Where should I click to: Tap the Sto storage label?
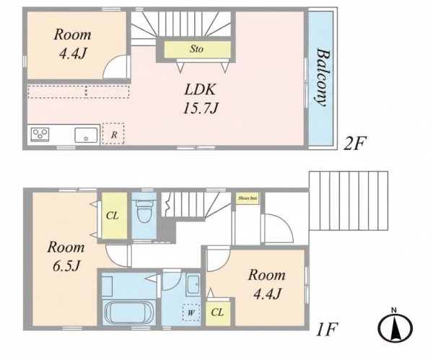[196, 49]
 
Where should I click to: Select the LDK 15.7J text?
[200, 99]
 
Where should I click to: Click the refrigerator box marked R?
[113, 133]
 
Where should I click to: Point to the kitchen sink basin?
[86, 136]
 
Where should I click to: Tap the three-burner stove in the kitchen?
[40, 135]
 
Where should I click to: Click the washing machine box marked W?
[191, 313]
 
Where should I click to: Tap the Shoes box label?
[248, 198]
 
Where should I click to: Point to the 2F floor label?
[354, 144]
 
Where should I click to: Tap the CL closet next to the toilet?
[114, 216]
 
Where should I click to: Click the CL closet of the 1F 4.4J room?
[218, 312]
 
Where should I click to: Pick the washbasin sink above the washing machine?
[193, 285]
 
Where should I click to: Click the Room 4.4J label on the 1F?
[266, 284]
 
